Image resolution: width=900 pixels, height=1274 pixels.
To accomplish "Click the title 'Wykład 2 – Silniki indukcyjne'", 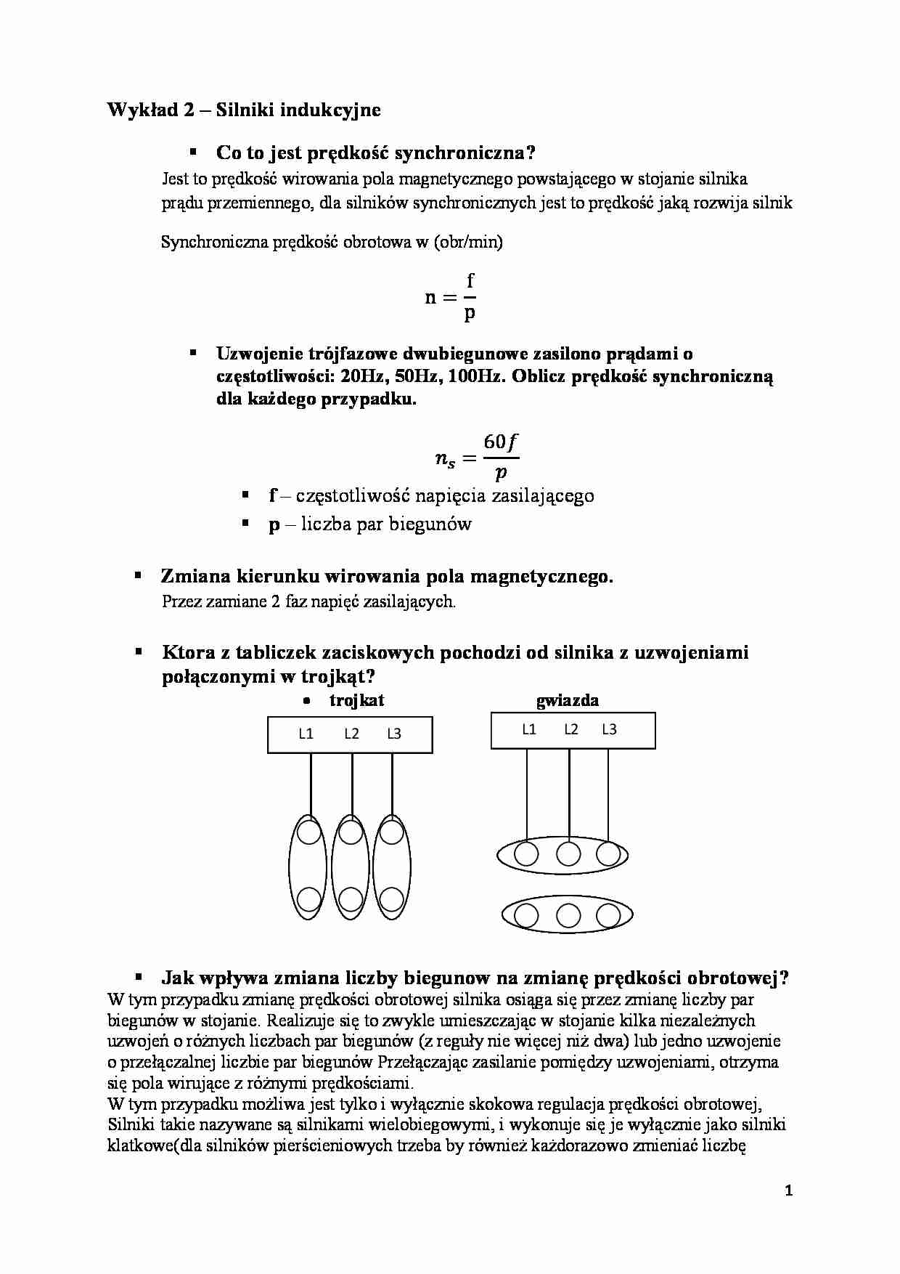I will click(244, 110).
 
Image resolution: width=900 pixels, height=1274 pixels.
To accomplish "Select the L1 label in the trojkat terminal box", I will click(306, 734).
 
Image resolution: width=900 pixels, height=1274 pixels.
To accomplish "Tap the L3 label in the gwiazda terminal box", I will click(609, 729).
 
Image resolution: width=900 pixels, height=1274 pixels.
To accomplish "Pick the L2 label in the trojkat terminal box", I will click(352, 734).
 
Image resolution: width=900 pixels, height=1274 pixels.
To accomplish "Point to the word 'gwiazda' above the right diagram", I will click(568, 701).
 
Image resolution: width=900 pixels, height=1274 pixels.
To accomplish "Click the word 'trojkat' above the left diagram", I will click(356, 701).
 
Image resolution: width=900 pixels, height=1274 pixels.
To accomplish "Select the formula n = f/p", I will click(451, 297).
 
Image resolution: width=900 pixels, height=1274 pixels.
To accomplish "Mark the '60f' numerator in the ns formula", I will click(502, 442).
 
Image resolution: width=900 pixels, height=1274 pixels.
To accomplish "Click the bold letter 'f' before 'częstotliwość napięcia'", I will click(273, 496).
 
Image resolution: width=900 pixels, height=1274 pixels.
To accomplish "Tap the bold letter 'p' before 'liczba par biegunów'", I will click(274, 525).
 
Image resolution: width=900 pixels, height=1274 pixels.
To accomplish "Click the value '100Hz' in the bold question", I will click(475, 377).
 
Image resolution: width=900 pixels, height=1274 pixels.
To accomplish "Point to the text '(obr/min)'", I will click(468, 243).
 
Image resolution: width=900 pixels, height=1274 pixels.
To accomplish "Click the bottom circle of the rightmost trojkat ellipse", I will click(392, 899).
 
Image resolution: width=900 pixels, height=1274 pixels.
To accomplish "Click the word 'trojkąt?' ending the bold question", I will click(340, 677).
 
